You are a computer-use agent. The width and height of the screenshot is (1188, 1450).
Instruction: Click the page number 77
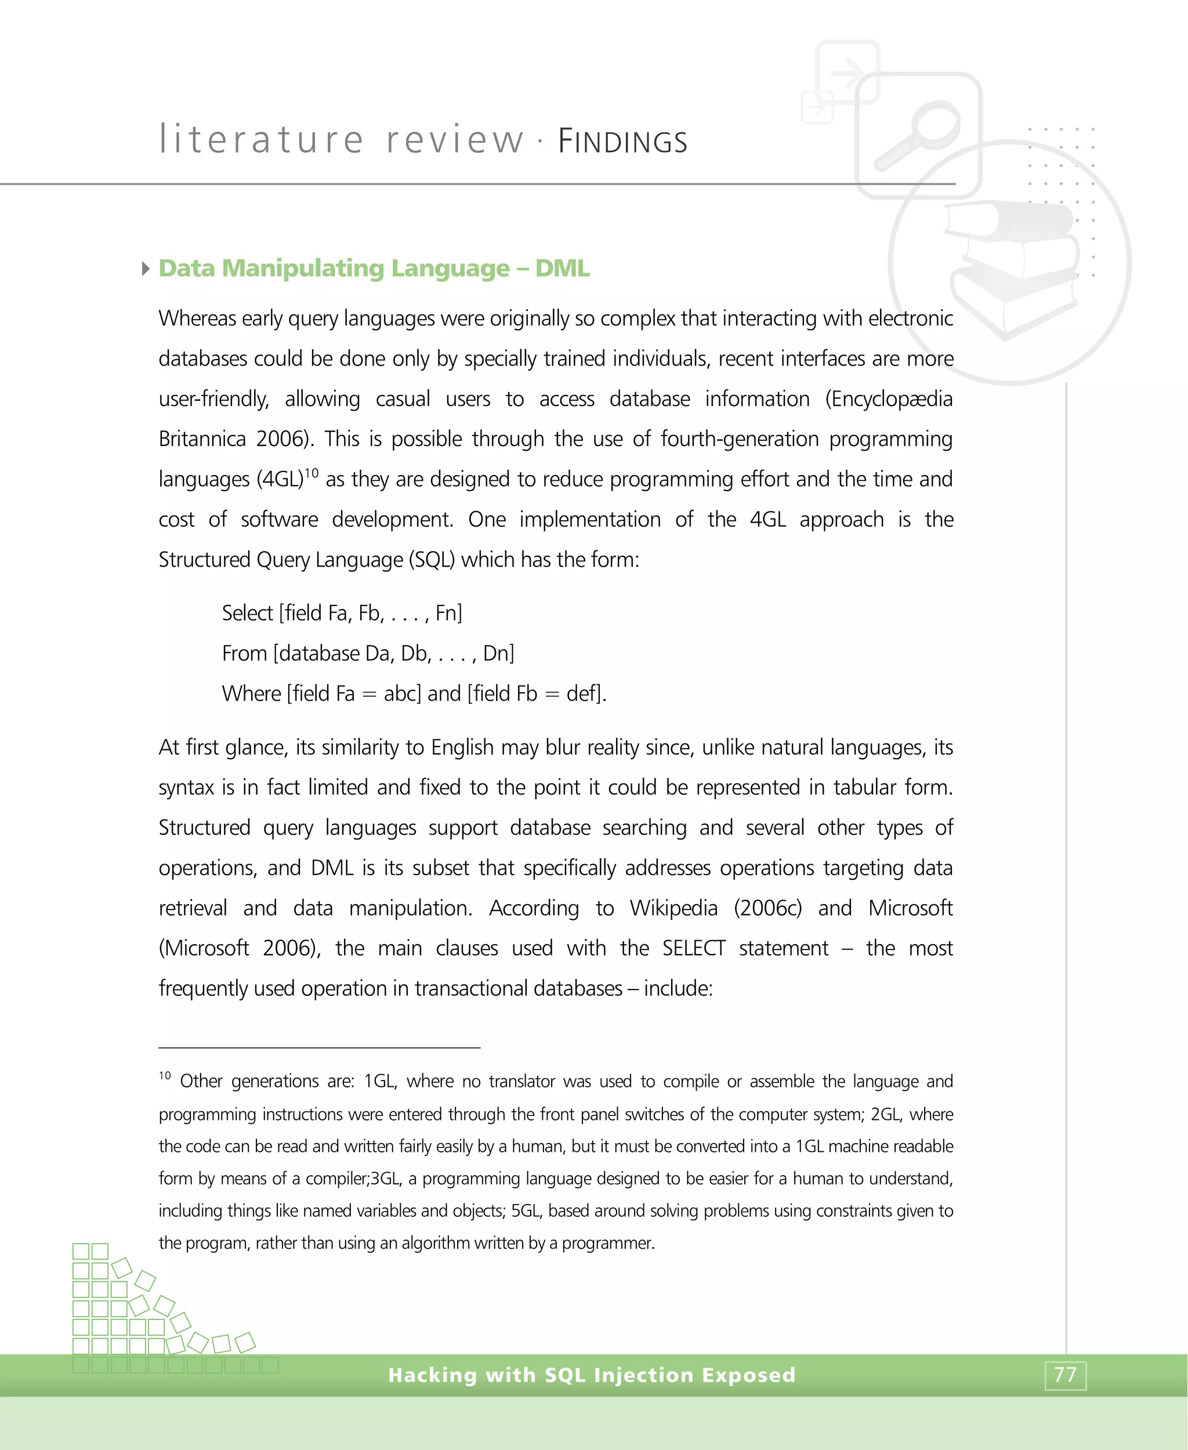pyautogui.click(x=1065, y=1374)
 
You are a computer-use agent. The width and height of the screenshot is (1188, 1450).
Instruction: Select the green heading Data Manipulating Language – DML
pyautogui.click(x=374, y=268)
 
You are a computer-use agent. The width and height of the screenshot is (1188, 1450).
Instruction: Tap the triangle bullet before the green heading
pyautogui.click(x=146, y=268)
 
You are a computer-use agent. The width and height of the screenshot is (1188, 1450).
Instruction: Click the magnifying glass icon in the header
pyautogui.click(x=918, y=133)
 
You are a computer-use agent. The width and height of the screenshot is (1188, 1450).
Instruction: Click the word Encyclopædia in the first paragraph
pyautogui.click(x=888, y=399)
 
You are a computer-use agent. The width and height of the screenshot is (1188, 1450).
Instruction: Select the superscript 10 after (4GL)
pyautogui.click(x=312, y=473)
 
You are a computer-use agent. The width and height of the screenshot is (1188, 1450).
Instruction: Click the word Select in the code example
pyautogui.click(x=247, y=613)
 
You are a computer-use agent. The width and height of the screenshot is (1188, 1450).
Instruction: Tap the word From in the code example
pyautogui.click(x=244, y=654)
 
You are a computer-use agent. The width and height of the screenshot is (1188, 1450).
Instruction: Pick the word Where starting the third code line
pyautogui.click(x=251, y=694)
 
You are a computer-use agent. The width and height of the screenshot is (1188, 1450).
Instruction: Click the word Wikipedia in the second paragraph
pyautogui.click(x=673, y=908)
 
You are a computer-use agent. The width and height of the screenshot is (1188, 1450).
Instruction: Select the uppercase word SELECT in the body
pyautogui.click(x=693, y=948)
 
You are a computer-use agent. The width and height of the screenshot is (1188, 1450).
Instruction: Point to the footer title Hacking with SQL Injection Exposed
pyautogui.click(x=592, y=1375)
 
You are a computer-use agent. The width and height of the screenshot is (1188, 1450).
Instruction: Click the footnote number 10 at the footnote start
pyautogui.click(x=165, y=1076)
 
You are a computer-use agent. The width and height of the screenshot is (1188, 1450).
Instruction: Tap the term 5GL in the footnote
pyautogui.click(x=526, y=1210)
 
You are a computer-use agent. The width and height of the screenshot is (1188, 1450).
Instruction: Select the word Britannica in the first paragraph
pyautogui.click(x=202, y=439)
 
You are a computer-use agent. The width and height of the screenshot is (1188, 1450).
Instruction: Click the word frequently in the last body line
pyautogui.click(x=203, y=989)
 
